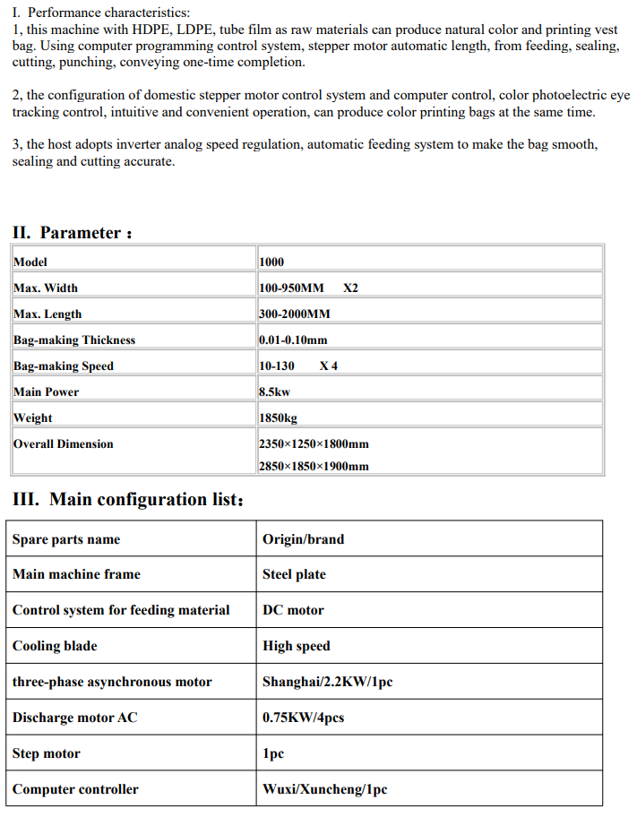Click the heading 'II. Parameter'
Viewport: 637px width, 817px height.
73,233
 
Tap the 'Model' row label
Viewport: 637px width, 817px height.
30,262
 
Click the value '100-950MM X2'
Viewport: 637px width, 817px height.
307,288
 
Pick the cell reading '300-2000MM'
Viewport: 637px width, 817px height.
294,314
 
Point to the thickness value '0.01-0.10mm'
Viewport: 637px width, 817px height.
293,340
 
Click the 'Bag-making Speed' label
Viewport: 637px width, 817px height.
64,365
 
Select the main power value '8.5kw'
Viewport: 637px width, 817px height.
274,391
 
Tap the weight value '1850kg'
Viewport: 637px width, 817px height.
278,417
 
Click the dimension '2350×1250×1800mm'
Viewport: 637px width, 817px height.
314,443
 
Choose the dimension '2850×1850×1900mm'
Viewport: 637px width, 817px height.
314,466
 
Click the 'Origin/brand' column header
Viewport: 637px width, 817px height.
303,539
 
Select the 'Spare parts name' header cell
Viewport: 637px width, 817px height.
66,539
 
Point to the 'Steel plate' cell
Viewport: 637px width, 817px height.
294,574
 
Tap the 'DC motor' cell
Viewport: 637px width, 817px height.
293,610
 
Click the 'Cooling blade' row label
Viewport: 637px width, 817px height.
55,646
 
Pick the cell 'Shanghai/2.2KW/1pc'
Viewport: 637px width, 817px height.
327,682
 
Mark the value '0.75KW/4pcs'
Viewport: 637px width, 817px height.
303,718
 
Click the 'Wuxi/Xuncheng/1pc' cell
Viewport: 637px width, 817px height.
324,789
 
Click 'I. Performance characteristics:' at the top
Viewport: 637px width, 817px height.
101,13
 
